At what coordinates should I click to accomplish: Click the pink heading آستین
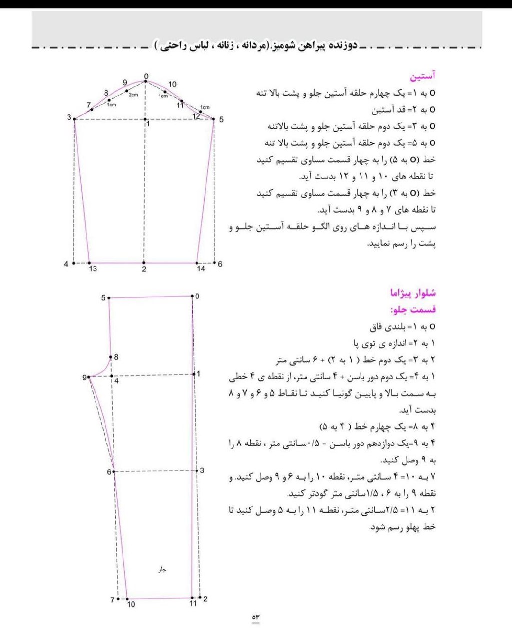422,76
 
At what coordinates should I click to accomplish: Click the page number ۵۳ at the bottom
256,618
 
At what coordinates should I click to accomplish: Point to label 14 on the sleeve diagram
201,269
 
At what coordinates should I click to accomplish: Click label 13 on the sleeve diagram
93,269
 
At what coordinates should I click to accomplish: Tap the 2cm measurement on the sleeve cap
133,95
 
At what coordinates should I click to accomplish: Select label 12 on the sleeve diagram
196,116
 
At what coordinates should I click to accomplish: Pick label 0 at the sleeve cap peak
146,77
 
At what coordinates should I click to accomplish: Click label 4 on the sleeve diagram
66,264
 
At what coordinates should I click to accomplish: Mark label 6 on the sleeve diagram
220,264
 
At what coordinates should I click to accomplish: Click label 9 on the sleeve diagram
125,83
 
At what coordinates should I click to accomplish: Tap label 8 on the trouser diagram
116,357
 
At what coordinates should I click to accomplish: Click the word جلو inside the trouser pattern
162,570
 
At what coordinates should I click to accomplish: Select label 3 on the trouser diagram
202,470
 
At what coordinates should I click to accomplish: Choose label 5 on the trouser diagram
103,298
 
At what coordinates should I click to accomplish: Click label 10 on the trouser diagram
131,604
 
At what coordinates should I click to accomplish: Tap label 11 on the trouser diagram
193,604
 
